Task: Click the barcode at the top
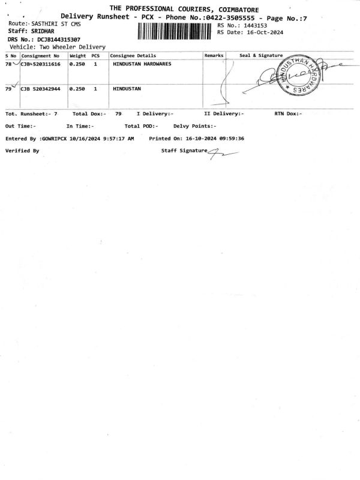(174, 32)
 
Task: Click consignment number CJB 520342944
(40, 89)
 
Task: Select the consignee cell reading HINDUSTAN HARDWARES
(142, 64)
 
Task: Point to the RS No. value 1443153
(256, 26)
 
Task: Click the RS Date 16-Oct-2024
(265, 32)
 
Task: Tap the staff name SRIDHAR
(43, 31)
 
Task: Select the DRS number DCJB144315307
(59, 40)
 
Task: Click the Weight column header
(78, 56)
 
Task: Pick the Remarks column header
(214, 55)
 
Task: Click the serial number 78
(8, 64)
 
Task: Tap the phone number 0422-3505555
(230, 17)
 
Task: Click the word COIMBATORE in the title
(238, 10)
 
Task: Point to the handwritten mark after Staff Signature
(223, 154)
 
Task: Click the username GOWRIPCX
(54, 139)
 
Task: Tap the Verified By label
(22, 151)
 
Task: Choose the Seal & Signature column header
(261, 55)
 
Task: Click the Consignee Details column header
(133, 56)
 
